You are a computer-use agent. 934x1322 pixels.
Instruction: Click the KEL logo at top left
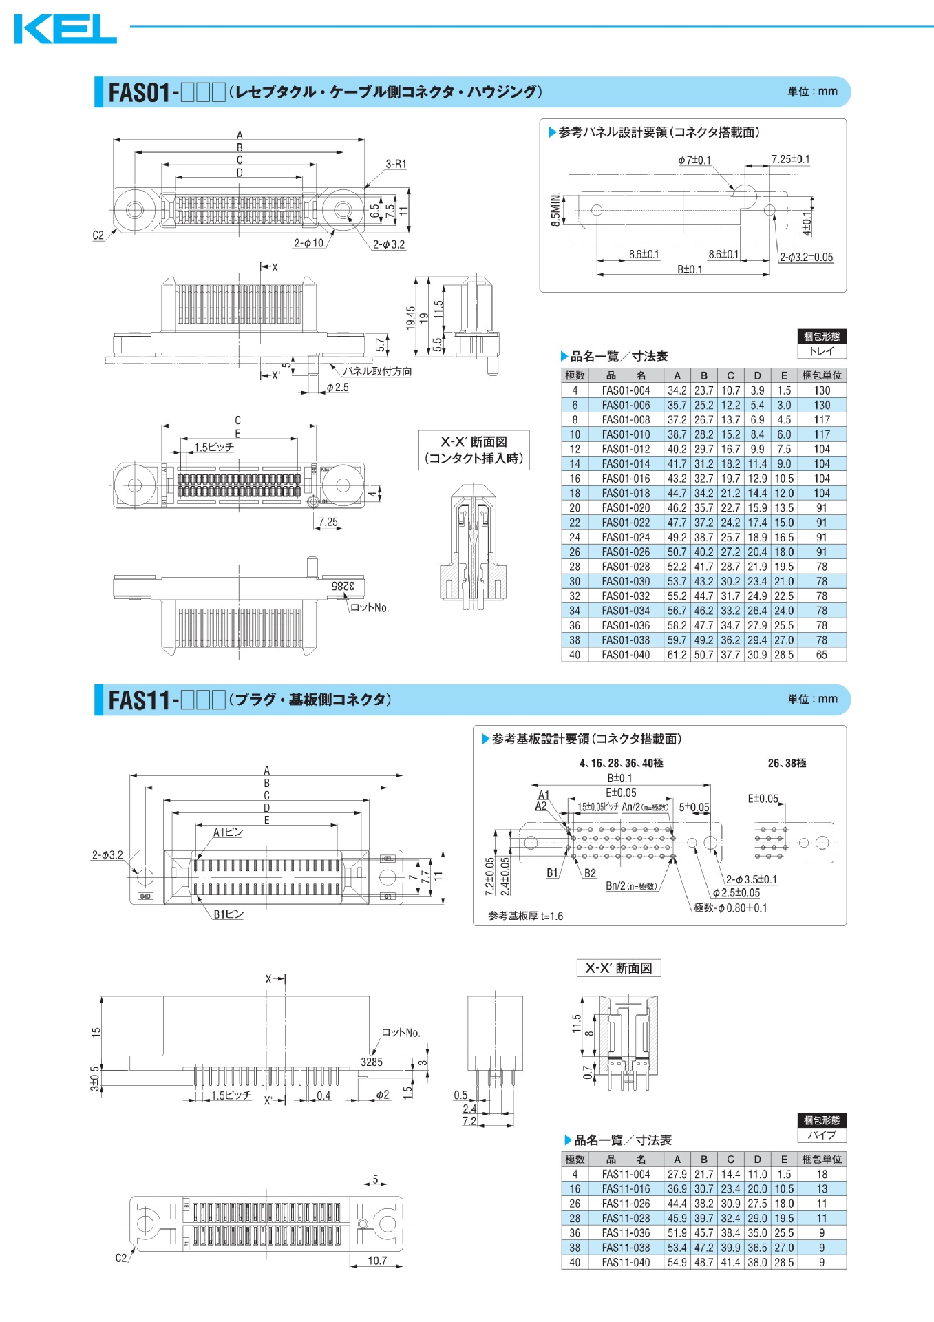point(65,29)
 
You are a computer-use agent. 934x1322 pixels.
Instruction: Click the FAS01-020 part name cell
point(625,508)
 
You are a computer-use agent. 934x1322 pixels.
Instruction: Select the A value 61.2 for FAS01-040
point(677,655)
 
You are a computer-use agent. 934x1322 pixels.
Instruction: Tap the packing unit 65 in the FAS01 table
point(821,655)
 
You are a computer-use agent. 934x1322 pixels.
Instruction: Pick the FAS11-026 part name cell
point(625,1204)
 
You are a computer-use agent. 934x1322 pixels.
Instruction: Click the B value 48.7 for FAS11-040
point(703,1262)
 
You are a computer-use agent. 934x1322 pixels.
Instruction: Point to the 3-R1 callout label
point(396,164)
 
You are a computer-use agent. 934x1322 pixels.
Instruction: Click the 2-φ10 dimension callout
point(309,243)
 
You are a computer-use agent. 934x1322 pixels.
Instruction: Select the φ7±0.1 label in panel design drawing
point(694,160)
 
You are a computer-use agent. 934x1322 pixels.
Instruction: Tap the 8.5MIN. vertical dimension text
point(555,209)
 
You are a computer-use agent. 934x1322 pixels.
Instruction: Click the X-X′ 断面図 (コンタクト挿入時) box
point(474,450)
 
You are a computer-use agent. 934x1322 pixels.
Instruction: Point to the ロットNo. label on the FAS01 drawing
point(370,607)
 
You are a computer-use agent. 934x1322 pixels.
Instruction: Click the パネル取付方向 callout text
point(377,371)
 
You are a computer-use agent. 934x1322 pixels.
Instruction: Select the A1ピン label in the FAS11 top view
point(228,832)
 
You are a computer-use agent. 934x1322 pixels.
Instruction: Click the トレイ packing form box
point(821,351)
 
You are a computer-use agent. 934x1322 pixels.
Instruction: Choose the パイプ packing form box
point(821,1135)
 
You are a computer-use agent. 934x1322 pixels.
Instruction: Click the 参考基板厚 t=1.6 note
point(525,916)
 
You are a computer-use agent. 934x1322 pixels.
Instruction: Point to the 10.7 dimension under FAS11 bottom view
point(377,1261)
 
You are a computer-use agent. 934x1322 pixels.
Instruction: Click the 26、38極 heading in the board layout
point(787,763)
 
